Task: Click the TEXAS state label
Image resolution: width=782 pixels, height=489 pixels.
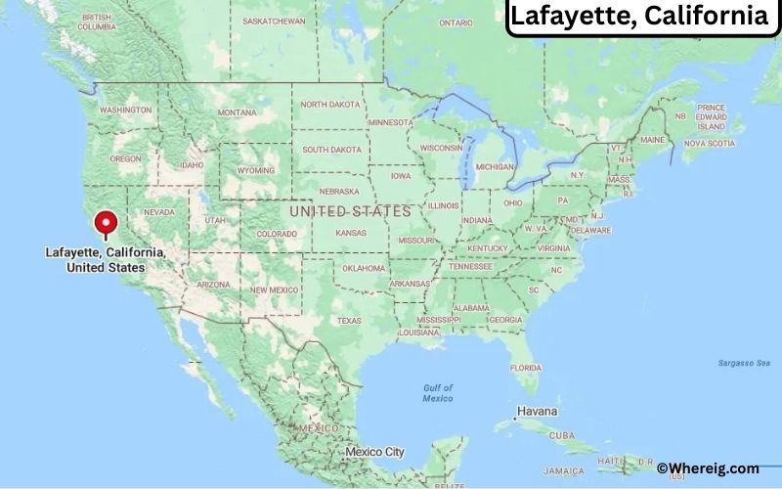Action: [349, 320]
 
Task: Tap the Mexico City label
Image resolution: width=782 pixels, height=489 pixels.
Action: [374, 452]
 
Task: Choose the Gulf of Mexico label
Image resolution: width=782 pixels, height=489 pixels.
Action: [437, 393]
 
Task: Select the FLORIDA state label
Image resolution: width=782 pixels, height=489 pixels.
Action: [526, 367]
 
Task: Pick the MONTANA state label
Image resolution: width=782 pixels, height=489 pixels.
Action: [237, 112]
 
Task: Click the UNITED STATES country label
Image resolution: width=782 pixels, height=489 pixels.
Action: [349, 211]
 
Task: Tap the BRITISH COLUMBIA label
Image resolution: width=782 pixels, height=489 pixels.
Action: [97, 22]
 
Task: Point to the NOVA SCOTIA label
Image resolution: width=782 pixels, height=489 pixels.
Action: [709, 143]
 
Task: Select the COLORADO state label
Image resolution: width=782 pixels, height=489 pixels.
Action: [276, 235]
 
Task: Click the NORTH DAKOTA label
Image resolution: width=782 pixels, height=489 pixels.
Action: [329, 104]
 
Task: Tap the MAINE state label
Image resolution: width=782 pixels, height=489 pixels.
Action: [653, 139]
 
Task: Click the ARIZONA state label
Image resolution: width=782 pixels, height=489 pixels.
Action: [213, 285]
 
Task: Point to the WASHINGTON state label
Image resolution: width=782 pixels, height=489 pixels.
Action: [126, 110]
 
